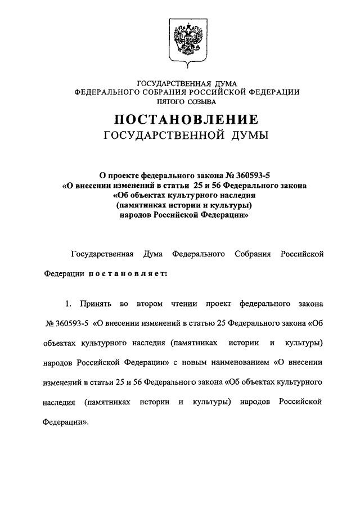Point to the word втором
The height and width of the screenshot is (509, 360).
(x=148, y=304)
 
